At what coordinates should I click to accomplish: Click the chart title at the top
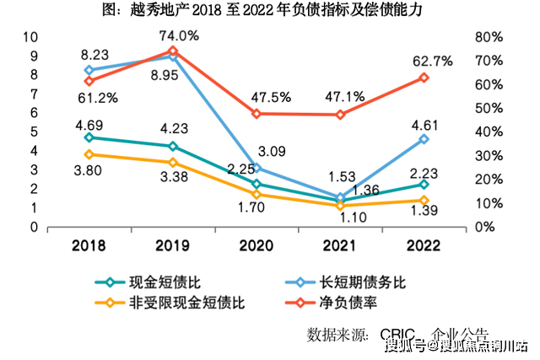[x=270, y=11]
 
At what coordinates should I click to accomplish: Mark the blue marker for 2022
[x=424, y=138]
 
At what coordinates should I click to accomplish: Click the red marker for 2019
[x=173, y=51]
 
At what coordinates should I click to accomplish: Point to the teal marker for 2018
[x=89, y=137]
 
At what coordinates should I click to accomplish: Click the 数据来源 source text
[x=337, y=333]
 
